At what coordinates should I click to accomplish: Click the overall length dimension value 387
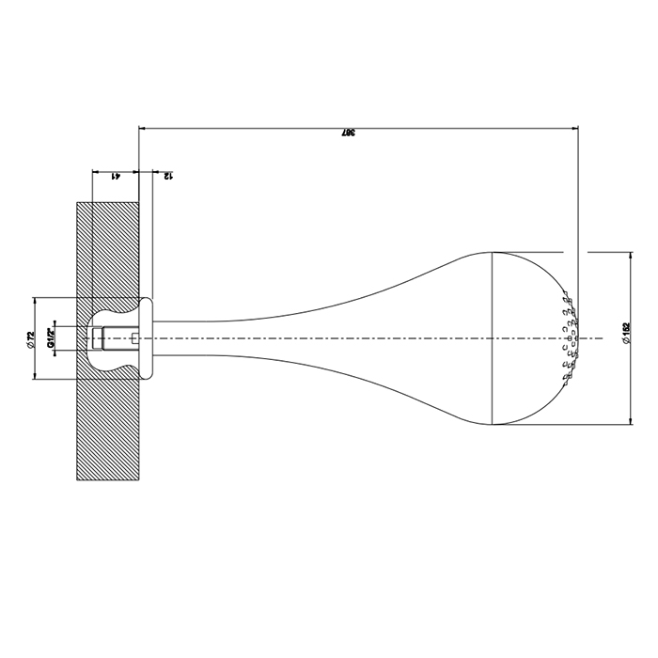348,133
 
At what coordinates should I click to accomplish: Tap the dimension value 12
168,177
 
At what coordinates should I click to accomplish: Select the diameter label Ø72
30,339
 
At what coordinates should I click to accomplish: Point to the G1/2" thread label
51,338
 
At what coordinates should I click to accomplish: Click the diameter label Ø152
627,334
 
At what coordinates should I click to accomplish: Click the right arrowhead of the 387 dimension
574,128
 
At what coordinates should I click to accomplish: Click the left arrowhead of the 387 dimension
143,128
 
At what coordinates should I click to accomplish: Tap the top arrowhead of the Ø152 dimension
631,256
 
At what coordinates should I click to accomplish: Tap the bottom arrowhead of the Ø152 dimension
631,420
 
